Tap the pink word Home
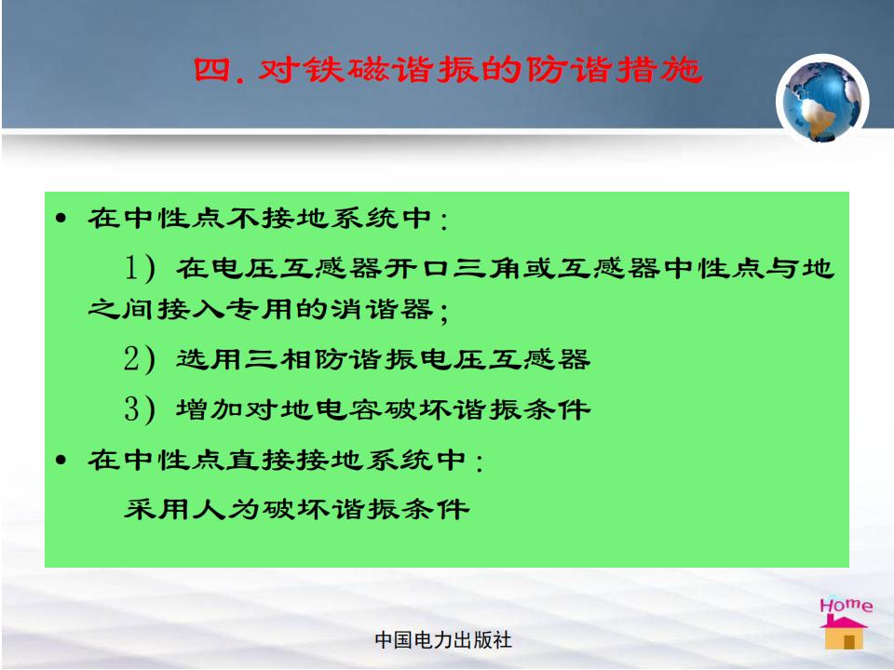(847, 605)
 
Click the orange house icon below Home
(844, 633)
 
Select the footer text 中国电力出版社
(443, 640)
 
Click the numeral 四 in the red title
(211, 70)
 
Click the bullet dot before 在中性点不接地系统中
(61, 218)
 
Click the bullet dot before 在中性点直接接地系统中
(61, 460)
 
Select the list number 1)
(140, 268)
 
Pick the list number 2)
(140, 359)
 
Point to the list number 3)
(140, 409)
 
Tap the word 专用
(260, 310)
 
